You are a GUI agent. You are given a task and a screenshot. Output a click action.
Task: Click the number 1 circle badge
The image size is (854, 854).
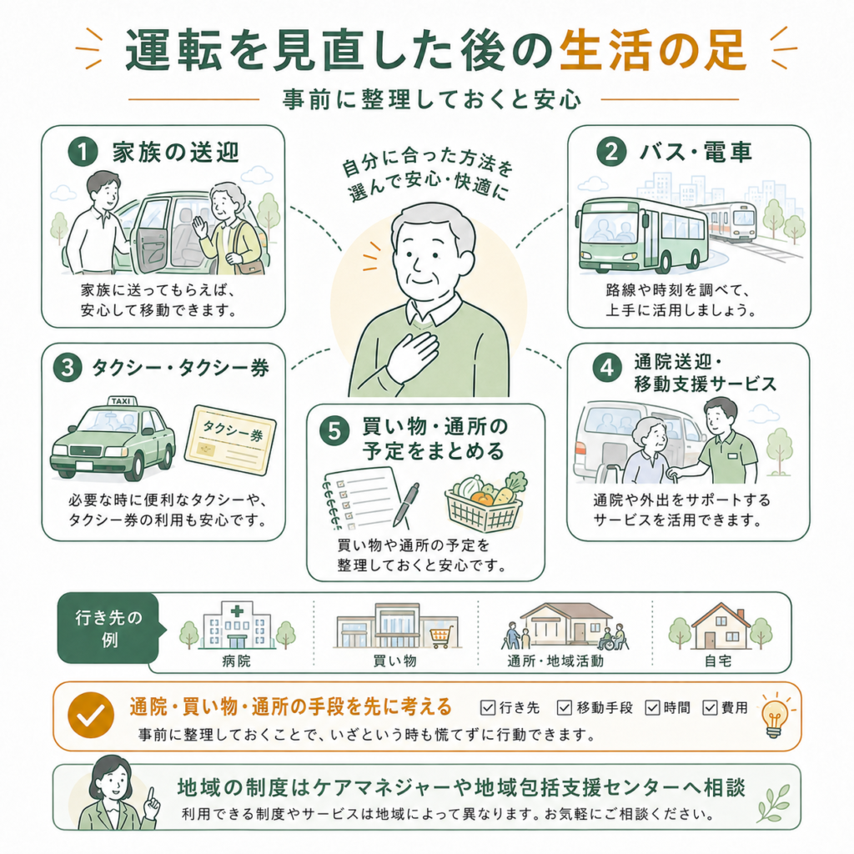(83, 152)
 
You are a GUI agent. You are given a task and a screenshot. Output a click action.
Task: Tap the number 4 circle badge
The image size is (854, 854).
(607, 369)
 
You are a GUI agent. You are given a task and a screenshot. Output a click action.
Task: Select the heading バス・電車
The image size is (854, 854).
(696, 152)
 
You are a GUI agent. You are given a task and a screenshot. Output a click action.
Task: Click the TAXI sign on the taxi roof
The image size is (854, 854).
(121, 401)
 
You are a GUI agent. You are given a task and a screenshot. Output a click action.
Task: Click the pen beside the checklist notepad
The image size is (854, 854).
(406, 505)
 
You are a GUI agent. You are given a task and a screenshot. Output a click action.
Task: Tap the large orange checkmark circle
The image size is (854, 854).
(91, 715)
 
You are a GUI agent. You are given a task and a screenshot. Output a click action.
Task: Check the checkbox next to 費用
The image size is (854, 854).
(710, 707)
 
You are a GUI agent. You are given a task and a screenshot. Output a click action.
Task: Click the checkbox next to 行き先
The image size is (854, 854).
(487, 707)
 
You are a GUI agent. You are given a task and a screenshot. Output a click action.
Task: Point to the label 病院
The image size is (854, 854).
(237, 661)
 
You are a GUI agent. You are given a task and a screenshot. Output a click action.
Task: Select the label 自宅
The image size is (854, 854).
(718, 661)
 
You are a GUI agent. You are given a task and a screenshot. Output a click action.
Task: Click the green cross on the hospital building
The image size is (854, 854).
(237, 611)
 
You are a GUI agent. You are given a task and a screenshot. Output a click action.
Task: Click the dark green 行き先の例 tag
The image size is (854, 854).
(109, 628)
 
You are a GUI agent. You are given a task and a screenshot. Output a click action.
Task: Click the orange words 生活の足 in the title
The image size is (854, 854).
(653, 51)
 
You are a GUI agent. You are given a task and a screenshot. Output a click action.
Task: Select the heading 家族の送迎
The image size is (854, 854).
(176, 152)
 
